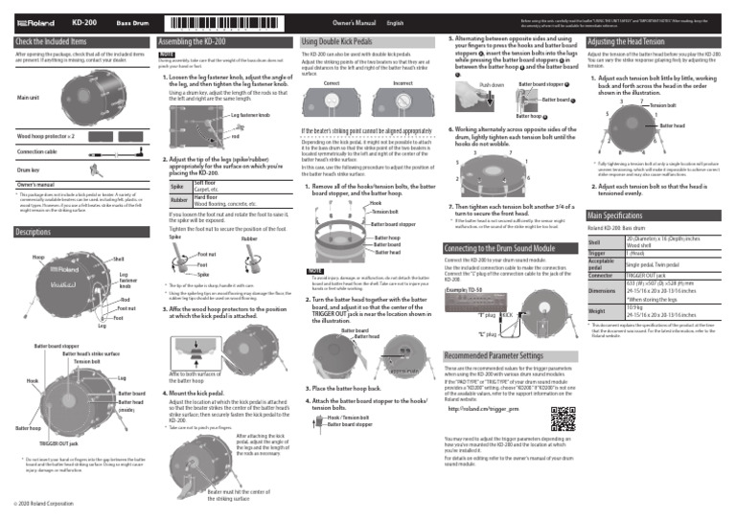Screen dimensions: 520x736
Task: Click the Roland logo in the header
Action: point(37,20)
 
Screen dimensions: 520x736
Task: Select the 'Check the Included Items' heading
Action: point(52,42)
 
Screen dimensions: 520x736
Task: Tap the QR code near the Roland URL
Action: point(563,418)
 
